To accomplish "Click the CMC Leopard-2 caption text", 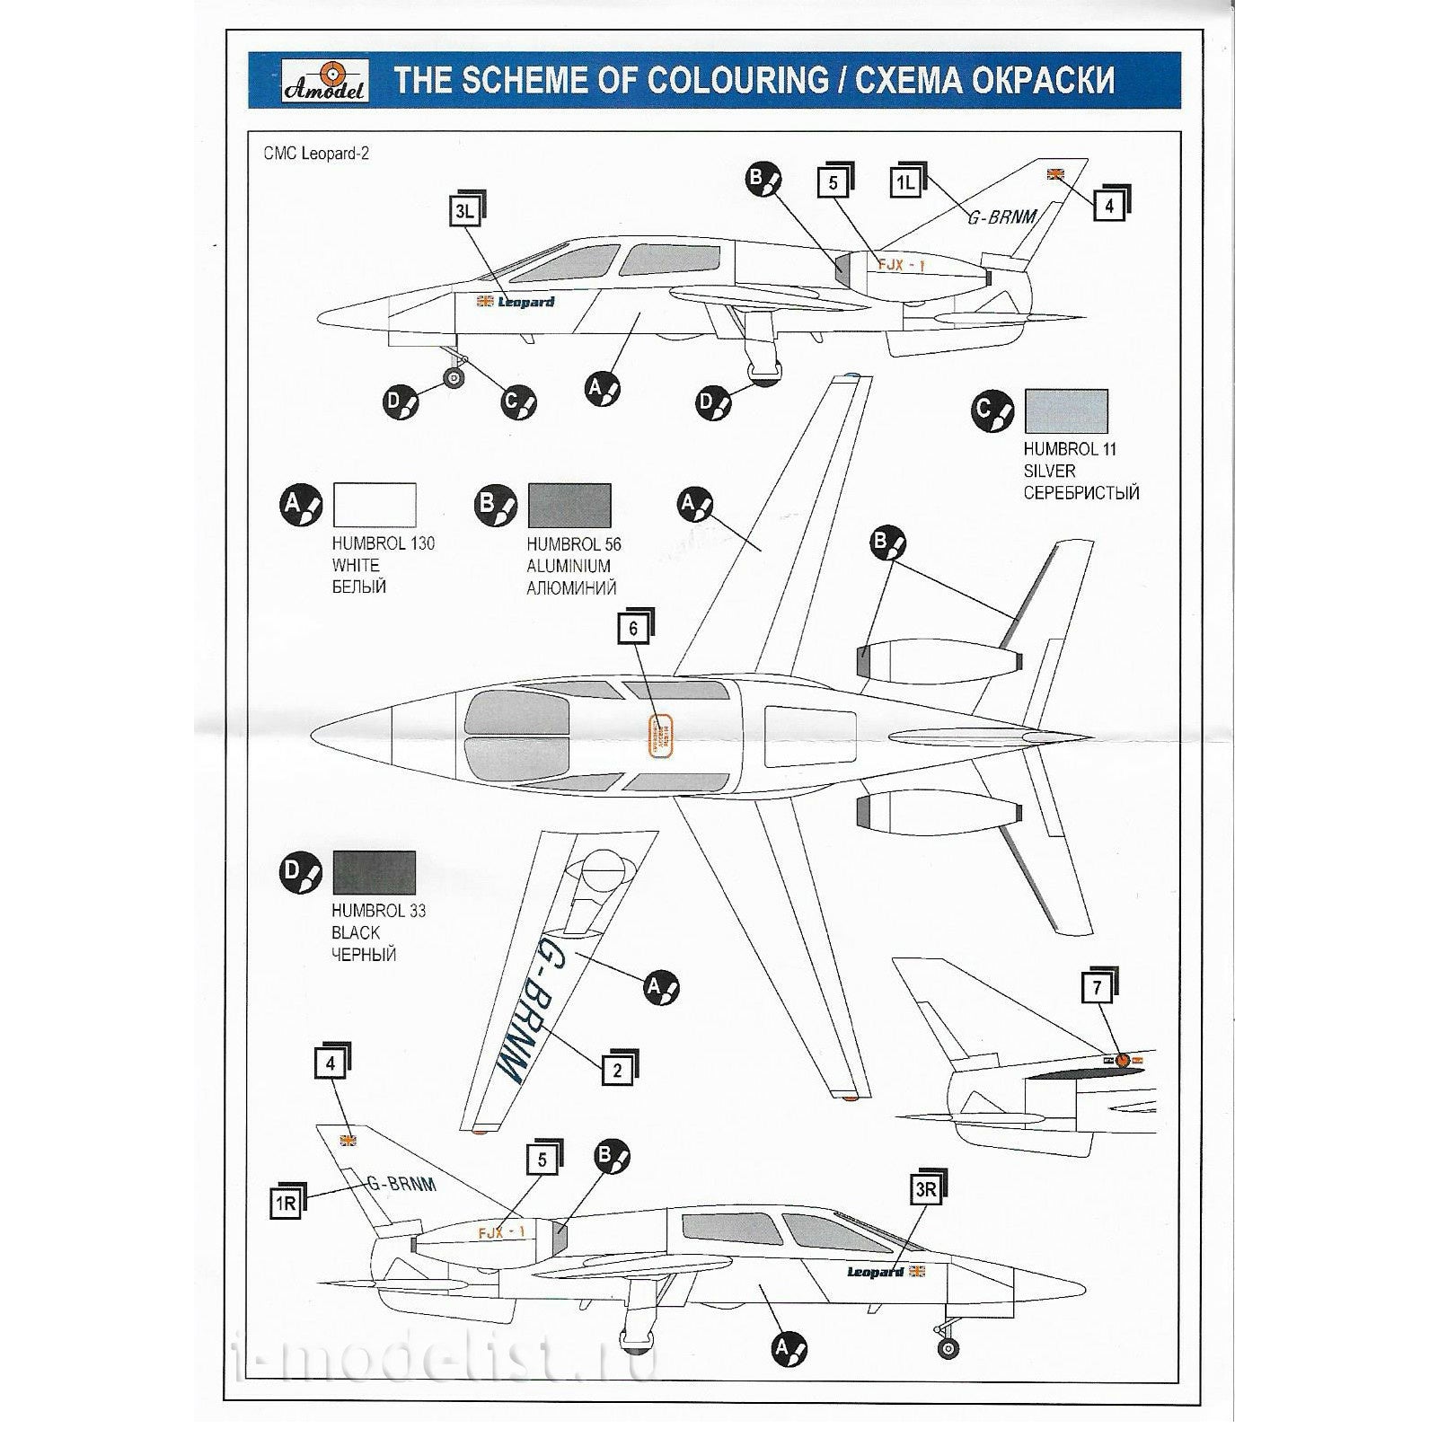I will (316, 154).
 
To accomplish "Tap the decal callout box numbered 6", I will (633, 629).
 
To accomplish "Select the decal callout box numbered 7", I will (1097, 989).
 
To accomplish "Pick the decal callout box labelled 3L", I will (463, 212).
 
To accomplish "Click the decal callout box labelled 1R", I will (286, 1204).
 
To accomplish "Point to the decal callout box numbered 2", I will (617, 1070).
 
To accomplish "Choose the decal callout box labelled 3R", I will (925, 1191).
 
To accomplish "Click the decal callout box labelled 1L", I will (904, 183).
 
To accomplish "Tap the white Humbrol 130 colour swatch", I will (375, 505).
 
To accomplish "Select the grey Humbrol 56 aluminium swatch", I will (569, 505).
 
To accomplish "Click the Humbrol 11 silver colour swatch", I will (1066, 410).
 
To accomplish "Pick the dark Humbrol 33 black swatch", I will (375, 873).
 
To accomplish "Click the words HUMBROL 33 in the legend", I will (379, 911).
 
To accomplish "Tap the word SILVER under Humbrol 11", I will (1049, 471).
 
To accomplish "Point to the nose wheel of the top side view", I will (455, 378).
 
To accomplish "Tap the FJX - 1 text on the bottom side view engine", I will (502, 1233).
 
